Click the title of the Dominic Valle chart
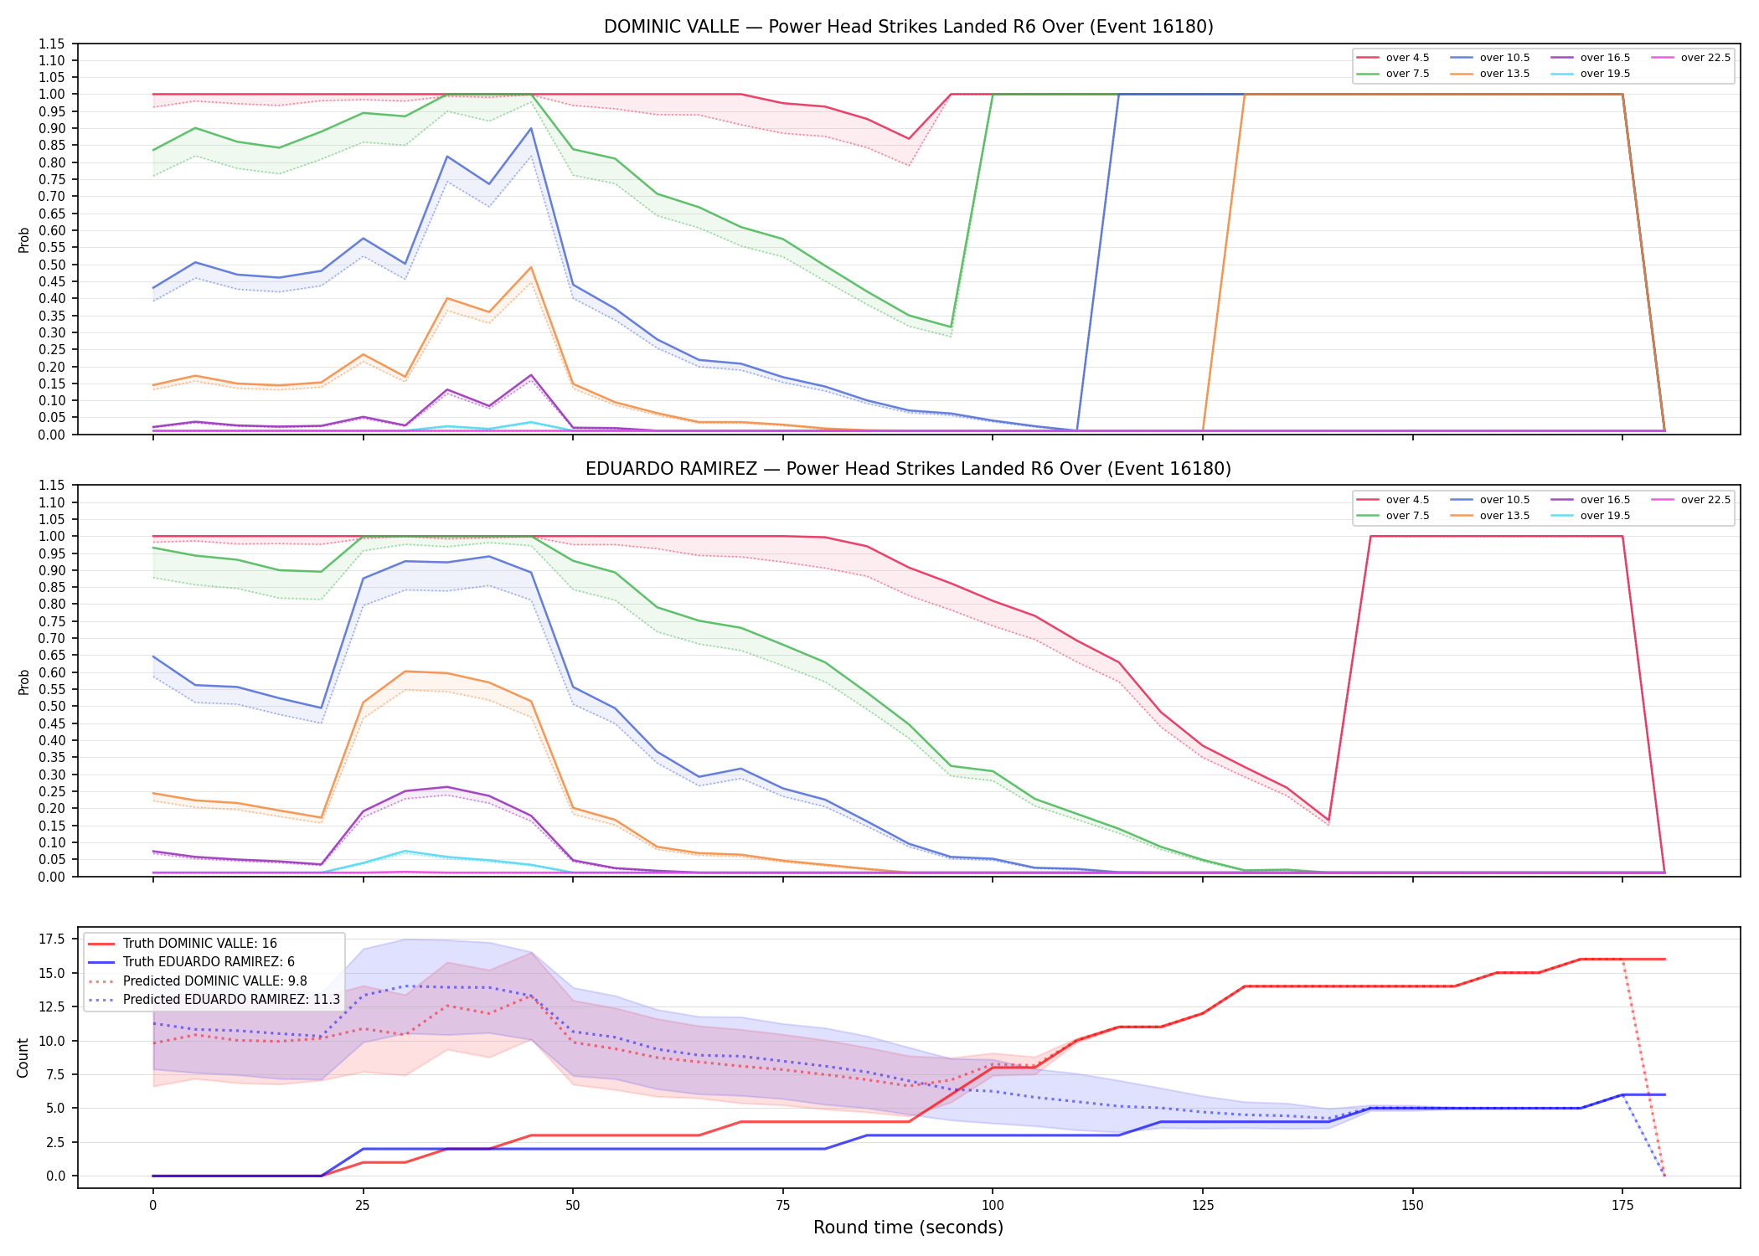pyautogui.click(x=908, y=27)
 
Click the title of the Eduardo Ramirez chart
pyautogui.click(x=908, y=469)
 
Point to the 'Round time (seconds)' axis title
pyautogui.click(x=908, y=1228)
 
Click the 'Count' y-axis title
pyautogui.click(x=23, y=1058)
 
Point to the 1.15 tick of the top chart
pyautogui.click(x=51, y=44)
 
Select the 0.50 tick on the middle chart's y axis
pyautogui.click(x=51, y=707)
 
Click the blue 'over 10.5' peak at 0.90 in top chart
pyautogui.click(x=531, y=128)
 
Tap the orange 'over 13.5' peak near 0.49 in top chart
pyautogui.click(x=531, y=267)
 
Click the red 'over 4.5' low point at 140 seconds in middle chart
pyautogui.click(x=1328, y=820)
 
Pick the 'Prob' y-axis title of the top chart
pyautogui.click(x=23, y=240)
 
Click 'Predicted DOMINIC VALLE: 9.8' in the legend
pyautogui.click(x=215, y=981)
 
